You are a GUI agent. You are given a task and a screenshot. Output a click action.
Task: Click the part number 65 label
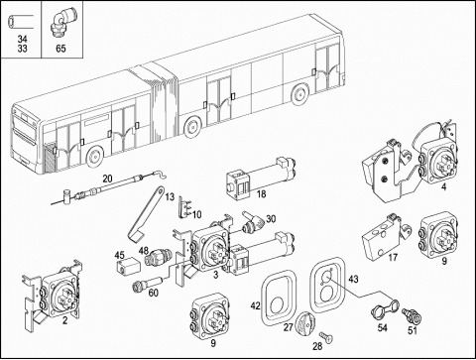tap(60, 49)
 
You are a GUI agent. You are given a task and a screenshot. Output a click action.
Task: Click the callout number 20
tap(107, 179)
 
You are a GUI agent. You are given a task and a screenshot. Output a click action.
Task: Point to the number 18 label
tap(261, 194)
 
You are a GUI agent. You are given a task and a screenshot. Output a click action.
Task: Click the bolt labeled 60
tap(147, 284)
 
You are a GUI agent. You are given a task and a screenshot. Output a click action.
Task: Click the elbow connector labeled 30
tap(254, 222)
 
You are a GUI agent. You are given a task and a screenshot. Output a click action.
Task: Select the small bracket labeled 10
tap(183, 207)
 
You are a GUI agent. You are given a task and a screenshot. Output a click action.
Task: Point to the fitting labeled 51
tap(412, 316)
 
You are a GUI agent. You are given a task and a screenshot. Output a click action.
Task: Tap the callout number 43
tap(353, 280)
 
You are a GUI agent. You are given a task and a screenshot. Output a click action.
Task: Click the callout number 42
tap(255, 306)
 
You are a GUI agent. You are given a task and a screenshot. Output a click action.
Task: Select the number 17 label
tap(393, 257)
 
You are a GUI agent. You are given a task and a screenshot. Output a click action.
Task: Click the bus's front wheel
tap(94, 157)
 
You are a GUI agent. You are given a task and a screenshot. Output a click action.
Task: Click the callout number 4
tap(444, 187)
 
